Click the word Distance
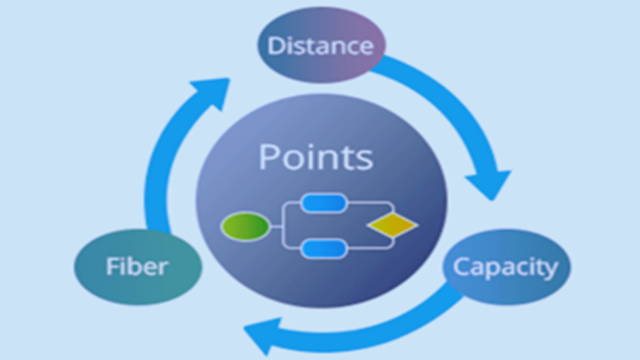point(320,46)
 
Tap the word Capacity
point(505,267)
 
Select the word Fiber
point(137,267)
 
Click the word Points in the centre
point(315,158)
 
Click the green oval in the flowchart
point(245,227)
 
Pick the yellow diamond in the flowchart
point(392,226)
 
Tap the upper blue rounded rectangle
point(324,204)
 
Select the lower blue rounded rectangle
point(324,249)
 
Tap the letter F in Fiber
point(112,267)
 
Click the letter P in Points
point(269,158)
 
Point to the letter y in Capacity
point(551,270)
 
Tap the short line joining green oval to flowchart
point(276,227)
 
